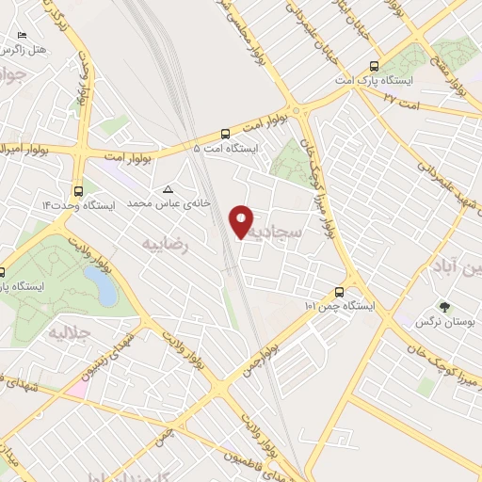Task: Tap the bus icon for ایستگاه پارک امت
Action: tap(375, 66)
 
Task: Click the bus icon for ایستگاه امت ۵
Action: tap(225, 134)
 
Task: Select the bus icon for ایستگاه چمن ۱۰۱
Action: tap(341, 293)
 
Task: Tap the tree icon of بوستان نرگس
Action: tap(444, 307)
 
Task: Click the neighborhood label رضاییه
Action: tap(166, 244)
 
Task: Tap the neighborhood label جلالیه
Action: tap(68, 332)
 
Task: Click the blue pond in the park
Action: tap(101, 285)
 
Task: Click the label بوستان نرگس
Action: tap(444, 322)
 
